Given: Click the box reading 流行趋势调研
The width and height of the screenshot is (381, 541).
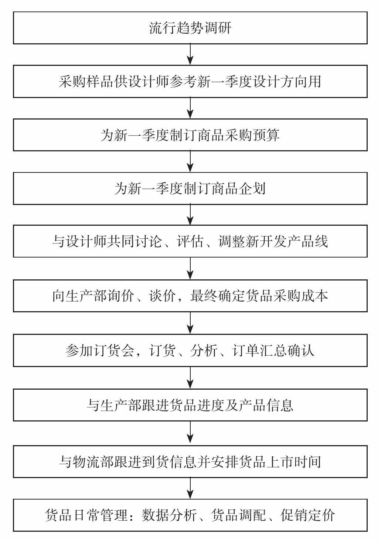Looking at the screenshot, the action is [x=190, y=28].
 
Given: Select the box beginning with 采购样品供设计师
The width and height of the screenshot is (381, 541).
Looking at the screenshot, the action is [x=190, y=81].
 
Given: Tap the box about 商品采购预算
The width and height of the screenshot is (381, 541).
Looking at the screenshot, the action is [x=190, y=135].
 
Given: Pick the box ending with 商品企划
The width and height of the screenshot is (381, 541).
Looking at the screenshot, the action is [x=190, y=188].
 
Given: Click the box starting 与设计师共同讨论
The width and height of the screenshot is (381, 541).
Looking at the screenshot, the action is [x=190, y=241].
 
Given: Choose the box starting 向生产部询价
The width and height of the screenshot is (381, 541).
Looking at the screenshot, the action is [x=190, y=296].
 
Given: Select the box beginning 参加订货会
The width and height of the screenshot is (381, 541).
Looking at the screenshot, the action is [x=190, y=350].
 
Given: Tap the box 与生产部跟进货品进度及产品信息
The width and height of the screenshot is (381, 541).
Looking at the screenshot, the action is [x=190, y=405].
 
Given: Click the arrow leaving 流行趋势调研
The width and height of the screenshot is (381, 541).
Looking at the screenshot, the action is [x=190, y=54].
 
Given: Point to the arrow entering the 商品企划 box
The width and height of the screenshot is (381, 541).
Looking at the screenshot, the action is [x=190, y=162].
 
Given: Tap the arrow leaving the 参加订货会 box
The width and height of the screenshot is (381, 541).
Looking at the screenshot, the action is [x=190, y=378].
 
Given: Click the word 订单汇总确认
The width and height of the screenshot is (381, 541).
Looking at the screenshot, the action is [x=273, y=350].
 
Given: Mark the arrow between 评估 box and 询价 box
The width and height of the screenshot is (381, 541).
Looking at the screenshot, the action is [x=190, y=269].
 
